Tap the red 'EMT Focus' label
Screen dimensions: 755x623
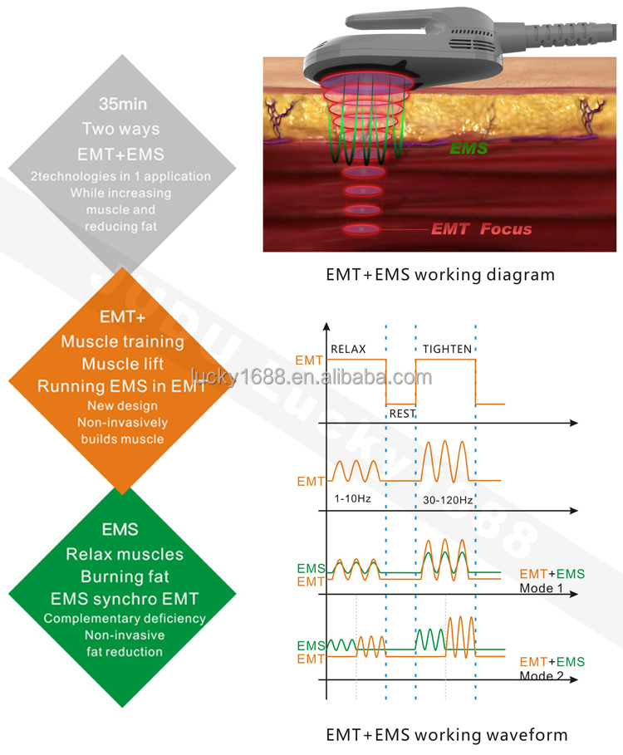point(481,228)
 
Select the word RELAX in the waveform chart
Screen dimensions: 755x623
point(348,349)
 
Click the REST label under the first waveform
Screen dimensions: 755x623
point(402,413)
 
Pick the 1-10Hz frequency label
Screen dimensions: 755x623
point(351,499)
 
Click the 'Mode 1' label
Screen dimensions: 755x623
point(542,588)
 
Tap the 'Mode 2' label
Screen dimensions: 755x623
point(542,675)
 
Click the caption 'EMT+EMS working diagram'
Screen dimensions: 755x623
point(439,274)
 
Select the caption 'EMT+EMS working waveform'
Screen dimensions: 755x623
point(446,734)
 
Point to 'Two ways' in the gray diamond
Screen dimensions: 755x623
point(120,130)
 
